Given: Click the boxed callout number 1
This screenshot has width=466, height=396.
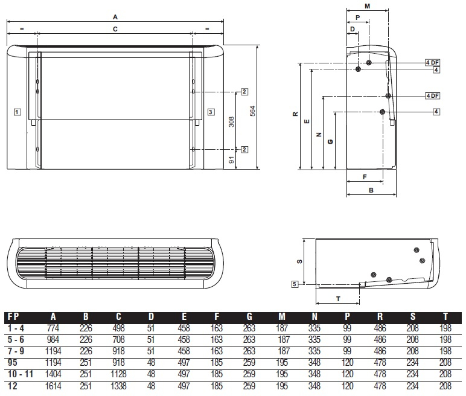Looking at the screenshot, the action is click(x=18, y=112).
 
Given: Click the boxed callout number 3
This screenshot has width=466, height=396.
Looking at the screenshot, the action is click(x=211, y=112).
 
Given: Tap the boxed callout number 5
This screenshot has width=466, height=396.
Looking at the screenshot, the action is click(x=295, y=284).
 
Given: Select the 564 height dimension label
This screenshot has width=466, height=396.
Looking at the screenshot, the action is click(x=252, y=111).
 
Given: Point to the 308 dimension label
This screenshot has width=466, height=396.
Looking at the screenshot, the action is click(x=231, y=121).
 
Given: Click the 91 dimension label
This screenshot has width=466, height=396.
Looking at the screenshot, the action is click(x=232, y=160).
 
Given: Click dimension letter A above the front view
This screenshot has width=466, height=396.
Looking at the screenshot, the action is click(x=115, y=18).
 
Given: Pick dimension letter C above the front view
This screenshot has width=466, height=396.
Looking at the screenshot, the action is click(x=115, y=29).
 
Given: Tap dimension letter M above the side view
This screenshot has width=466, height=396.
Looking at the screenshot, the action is click(x=368, y=6).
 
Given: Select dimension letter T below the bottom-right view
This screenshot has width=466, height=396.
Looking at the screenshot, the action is click(x=338, y=299).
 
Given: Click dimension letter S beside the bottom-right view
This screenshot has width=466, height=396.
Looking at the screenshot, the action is click(x=300, y=261).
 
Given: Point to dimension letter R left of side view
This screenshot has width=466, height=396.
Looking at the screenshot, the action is click(x=295, y=114).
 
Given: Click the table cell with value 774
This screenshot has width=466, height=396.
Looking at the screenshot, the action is click(x=53, y=328).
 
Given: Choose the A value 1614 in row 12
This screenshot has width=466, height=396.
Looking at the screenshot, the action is click(x=53, y=386).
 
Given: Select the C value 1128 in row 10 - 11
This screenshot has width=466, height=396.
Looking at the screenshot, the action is click(x=118, y=374).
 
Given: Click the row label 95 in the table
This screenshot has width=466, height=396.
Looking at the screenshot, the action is click(x=12, y=363).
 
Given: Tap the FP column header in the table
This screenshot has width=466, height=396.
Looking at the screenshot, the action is click(x=13, y=317).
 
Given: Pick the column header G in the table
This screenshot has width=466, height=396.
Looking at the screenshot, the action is click(x=249, y=317).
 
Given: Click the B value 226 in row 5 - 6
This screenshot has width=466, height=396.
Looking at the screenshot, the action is click(x=86, y=339).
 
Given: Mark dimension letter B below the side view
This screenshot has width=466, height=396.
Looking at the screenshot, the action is click(x=371, y=190).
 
